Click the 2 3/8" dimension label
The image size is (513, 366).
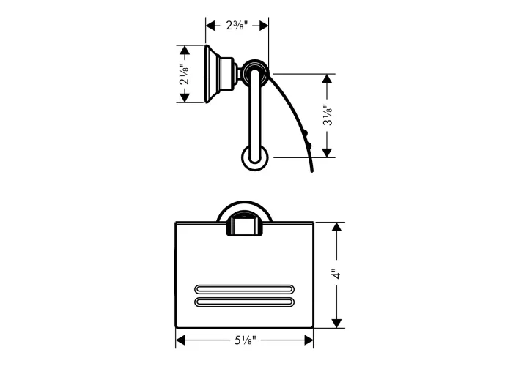click(237, 25)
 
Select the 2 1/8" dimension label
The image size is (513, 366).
click(184, 74)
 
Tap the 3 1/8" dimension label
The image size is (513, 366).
click(328, 115)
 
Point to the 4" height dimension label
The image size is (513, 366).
click(336, 274)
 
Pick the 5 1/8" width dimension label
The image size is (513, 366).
click(245, 340)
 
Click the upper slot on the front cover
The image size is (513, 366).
click(244, 289)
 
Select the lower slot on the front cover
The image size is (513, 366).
click(244, 302)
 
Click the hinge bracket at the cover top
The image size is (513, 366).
click(244, 225)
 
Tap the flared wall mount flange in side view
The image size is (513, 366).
click(213, 74)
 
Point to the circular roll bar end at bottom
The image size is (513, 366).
click(255, 158)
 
